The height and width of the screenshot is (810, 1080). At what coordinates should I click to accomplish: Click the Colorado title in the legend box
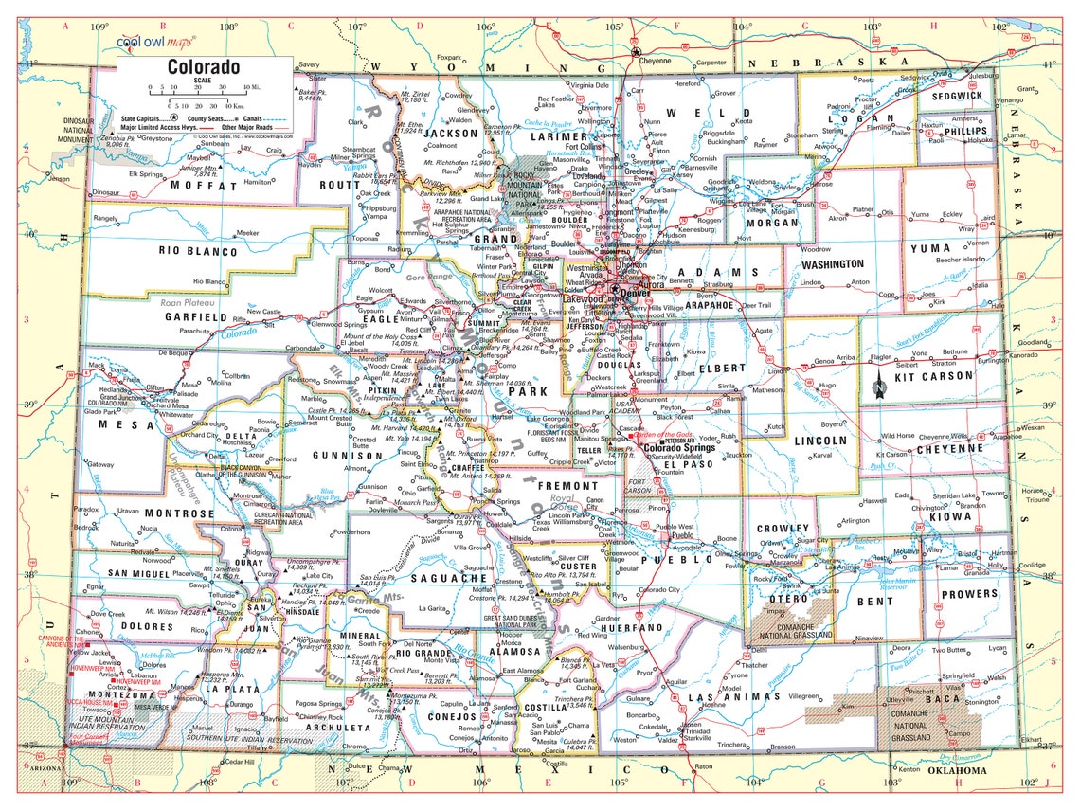coord(203,67)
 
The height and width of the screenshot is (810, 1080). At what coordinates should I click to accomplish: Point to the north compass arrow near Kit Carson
coord(878,384)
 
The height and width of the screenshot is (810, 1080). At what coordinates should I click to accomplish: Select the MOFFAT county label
coord(201,186)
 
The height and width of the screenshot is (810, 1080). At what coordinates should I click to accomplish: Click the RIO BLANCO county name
coord(198,252)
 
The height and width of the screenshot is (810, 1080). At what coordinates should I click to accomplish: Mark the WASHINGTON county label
coord(832,263)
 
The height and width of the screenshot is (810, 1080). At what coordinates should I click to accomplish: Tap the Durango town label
coord(241,705)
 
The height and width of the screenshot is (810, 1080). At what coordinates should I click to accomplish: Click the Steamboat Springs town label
coord(359,153)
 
